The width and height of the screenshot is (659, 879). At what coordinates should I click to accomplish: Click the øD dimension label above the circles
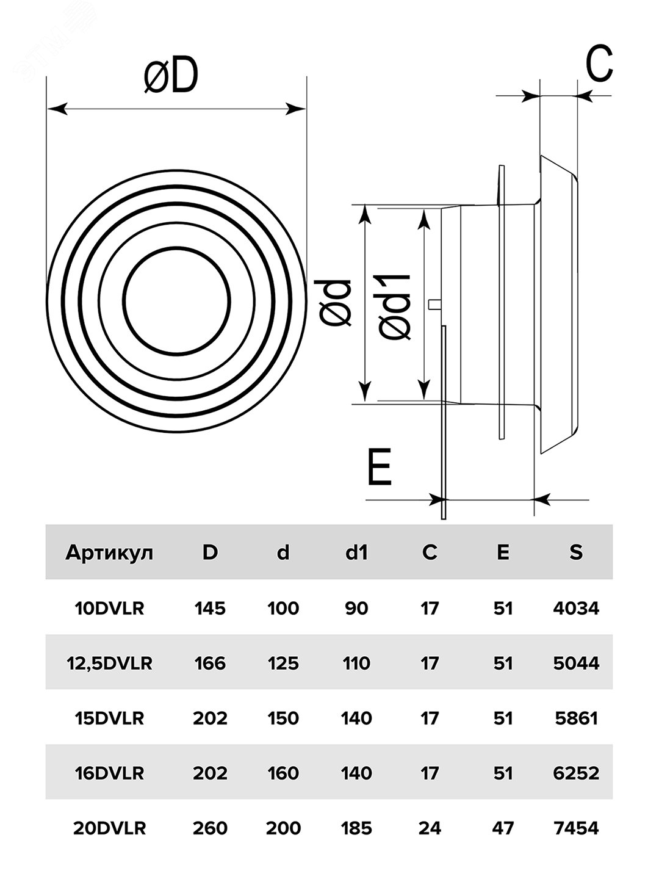171,76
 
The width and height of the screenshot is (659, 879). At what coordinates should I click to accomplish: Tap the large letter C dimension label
599,63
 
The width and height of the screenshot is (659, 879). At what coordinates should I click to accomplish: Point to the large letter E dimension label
380,467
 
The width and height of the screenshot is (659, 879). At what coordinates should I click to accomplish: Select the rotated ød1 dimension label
395,308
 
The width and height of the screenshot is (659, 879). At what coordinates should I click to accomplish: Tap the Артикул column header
109,553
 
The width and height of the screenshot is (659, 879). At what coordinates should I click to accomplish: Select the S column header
576,552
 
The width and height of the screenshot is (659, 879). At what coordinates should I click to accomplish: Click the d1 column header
356,552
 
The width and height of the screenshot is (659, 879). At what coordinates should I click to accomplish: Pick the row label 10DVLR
109,609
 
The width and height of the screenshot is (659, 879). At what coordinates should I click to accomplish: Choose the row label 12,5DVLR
109,664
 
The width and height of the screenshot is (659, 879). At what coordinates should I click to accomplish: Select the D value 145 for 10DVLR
210,609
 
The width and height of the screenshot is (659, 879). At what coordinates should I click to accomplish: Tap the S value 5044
576,664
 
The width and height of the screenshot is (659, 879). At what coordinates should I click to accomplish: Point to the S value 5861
576,718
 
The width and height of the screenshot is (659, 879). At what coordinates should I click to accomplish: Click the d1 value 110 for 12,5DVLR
356,664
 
